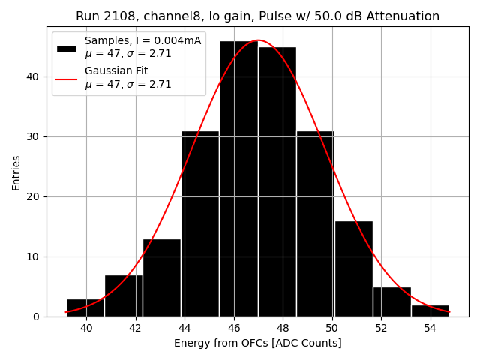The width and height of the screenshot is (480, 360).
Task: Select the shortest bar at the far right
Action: (430, 310)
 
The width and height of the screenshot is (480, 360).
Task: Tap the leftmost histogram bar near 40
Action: (85, 307)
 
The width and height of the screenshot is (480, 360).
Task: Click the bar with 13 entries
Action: (162, 277)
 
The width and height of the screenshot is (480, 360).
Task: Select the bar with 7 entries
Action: (124, 295)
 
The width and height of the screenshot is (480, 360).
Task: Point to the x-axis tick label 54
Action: (430, 328)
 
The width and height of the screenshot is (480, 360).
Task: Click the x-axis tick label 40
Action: (86, 328)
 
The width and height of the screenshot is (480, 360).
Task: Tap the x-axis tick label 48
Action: (283, 328)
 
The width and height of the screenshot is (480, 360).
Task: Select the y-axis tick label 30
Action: (34, 136)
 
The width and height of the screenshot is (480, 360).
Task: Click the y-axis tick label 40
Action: (34, 76)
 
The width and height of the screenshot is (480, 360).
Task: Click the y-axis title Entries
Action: (16, 172)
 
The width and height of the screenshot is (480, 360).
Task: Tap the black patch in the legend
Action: (67, 48)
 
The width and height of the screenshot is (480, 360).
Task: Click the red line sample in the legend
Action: (67, 78)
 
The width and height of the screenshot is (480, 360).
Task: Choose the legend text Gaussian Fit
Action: (116, 71)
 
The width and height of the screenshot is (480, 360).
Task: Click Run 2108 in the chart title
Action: (102, 16)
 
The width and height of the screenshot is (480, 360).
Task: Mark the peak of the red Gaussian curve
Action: (258, 40)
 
